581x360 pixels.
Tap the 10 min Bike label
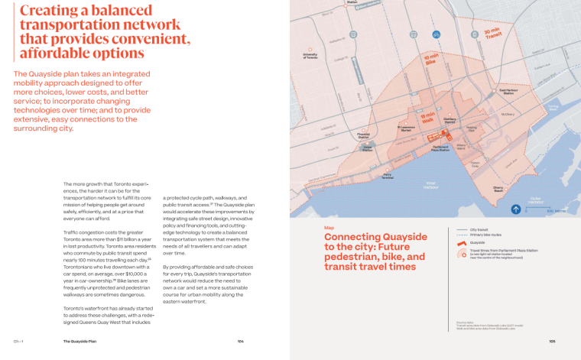431,59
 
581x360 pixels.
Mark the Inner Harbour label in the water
430,184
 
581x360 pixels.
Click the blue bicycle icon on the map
435,34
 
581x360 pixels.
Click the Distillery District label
450,120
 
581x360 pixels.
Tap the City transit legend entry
480,229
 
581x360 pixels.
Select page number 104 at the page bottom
240,342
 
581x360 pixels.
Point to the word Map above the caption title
329,227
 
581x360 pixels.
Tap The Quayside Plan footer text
80,342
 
